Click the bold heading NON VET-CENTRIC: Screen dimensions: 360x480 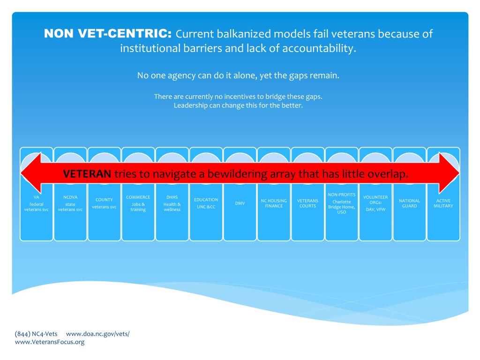108,34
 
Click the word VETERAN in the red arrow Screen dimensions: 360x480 87,174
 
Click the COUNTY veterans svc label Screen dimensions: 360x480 104,203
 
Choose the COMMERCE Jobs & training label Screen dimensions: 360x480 138,203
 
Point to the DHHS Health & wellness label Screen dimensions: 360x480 172,203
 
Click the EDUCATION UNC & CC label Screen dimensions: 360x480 206,203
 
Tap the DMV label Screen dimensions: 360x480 240,203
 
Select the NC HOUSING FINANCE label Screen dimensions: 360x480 274,203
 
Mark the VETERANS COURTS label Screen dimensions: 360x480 307,203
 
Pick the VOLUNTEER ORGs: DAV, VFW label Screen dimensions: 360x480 375,203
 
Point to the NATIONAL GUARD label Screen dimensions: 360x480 409,203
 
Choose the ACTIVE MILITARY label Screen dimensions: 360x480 443,203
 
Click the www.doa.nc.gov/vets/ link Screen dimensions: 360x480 97,334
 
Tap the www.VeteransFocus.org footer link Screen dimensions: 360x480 50,342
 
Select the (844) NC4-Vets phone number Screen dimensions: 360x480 36,334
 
